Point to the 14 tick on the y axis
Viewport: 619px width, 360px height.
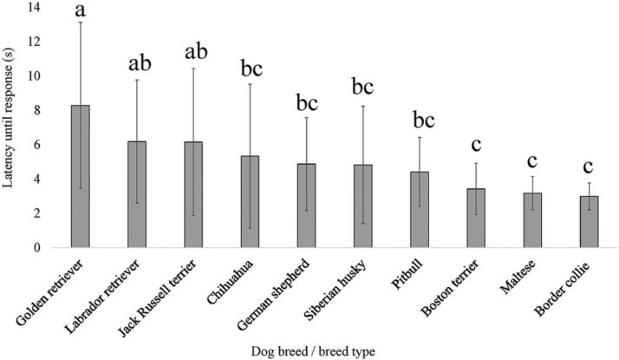(x=33, y=8)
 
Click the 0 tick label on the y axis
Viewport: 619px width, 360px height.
(x=37, y=247)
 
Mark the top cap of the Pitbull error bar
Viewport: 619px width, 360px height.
(x=420, y=137)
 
